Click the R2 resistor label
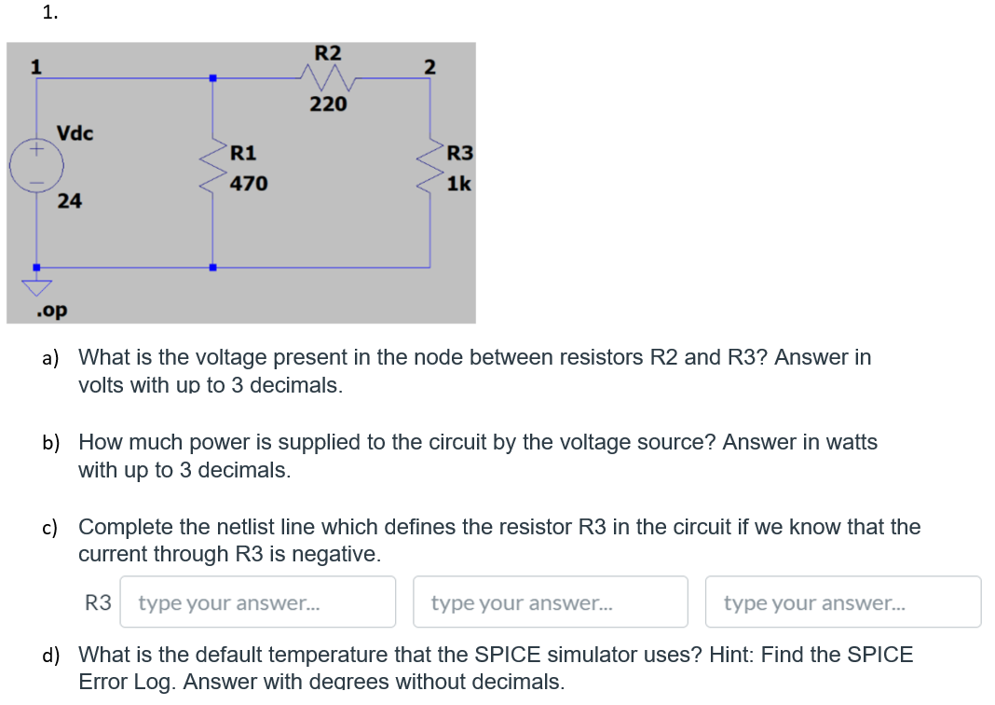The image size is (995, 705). click(x=327, y=52)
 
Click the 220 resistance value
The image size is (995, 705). click(x=328, y=104)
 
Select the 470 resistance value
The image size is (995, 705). click(x=249, y=184)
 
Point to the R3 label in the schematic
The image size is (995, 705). click(x=460, y=153)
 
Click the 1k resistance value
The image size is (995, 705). click(x=458, y=184)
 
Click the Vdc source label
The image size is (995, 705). click(x=75, y=132)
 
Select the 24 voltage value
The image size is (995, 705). click(x=69, y=200)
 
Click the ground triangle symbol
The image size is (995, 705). click(x=37, y=285)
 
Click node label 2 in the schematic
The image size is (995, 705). click(x=429, y=66)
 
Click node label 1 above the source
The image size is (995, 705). click(x=36, y=66)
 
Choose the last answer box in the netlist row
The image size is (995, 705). click(x=842, y=602)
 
